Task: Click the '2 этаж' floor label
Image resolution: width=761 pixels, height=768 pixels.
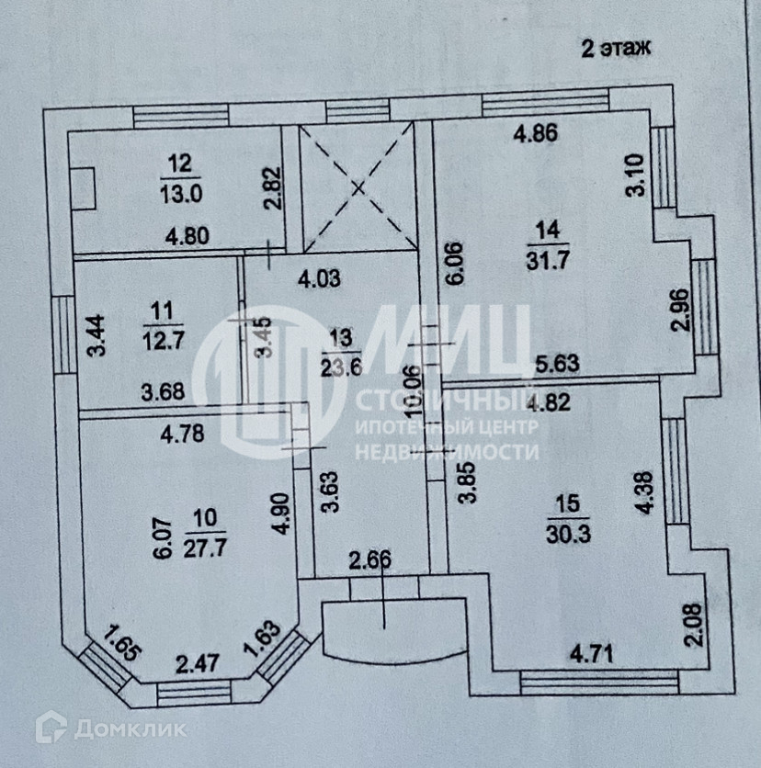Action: [x=615, y=49]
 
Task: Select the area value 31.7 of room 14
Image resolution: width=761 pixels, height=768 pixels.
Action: [x=551, y=260]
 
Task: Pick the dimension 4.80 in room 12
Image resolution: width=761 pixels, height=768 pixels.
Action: [x=187, y=235]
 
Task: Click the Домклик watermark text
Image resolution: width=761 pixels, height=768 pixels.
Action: [x=129, y=730]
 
